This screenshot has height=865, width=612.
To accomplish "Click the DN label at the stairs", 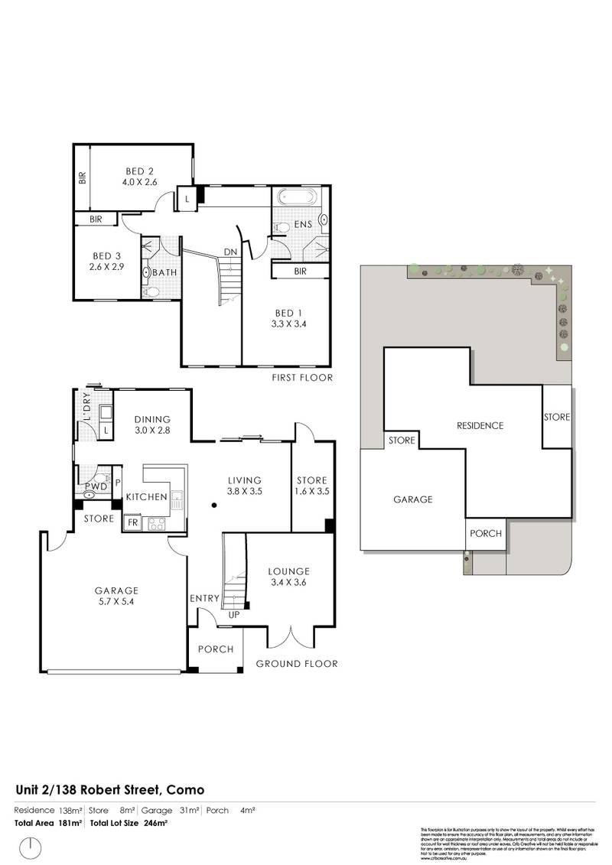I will pos(229,252).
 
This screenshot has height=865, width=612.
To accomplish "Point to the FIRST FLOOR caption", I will pos(302,378).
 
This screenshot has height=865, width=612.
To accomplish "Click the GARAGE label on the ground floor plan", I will pos(116,590).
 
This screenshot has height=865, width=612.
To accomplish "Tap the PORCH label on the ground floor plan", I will pos(216,649).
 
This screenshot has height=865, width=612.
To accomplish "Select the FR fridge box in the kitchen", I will pos(132,523).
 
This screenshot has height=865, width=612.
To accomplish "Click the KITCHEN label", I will pos(146,497).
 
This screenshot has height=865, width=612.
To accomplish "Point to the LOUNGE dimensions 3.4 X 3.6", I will pos(288,583).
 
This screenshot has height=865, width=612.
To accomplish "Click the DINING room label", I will pos(151,419).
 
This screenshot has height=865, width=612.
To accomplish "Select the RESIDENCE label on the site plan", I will pos(480,425).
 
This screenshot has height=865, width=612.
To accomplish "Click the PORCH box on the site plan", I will pos(485,534).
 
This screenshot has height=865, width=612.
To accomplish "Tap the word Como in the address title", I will pos(184,789).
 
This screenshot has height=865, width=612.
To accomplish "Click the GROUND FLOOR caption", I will pos(296,664).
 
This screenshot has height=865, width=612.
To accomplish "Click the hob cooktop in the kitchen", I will pos(156,524).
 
